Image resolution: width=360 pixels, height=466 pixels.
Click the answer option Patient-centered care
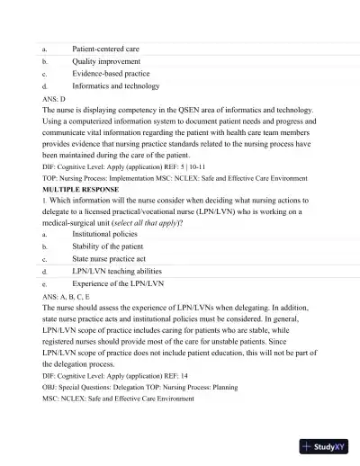[112, 48]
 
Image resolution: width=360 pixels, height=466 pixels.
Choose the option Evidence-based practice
[111, 74]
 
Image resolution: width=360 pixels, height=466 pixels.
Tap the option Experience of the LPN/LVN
[118, 283]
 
